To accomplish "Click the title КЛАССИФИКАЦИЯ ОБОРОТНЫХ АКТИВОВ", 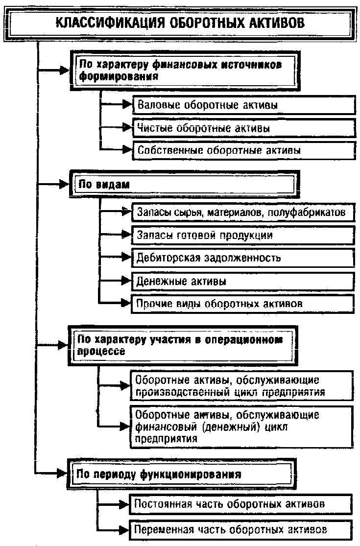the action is [x=180, y=24].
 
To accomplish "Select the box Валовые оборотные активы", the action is [x=244, y=105].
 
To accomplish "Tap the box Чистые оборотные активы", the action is [x=244, y=128].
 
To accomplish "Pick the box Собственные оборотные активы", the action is [x=244, y=150].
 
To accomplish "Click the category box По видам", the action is [x=185, y=184].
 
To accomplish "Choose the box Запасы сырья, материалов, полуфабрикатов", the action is [x=243, y=212].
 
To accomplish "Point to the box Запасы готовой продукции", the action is [x=243, y=235].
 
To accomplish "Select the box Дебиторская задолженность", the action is [x=243, y=258].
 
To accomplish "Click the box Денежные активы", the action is [x=243, y=281].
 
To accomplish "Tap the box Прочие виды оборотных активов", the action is [x=243, y=304].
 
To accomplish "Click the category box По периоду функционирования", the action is [x=182, y=475].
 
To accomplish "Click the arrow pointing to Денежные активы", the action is [x=115, y=280].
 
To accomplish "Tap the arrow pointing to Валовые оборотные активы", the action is [x=116, y=104].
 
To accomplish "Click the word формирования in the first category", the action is [x=119, y=76].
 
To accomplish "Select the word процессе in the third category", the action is [x=101, y=351].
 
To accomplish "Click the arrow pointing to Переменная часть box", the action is [x=114, y=530].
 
